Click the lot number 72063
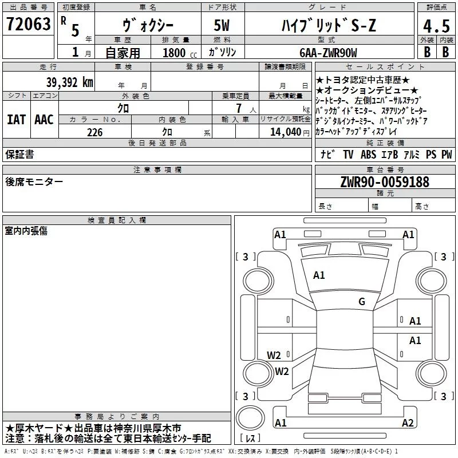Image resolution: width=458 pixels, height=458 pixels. pyautogui.click(x=28, y=24)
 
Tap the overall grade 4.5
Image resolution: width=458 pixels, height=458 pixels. pyautogui.click(x=436, y=26)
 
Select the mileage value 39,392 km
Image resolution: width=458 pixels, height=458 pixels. pyautogui.click(x=70, y=82)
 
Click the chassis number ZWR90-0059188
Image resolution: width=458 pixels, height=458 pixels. pyautogui.click(x=385, y=182)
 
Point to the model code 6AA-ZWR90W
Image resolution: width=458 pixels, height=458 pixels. pyautogui.click(x=328, y=53)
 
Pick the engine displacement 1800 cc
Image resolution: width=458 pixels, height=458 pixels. pyautogui.click(x=180, y=53)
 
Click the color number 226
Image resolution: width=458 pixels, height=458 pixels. pyautogui.click(x=95, y=132)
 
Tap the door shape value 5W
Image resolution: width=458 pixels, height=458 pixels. pyautogui.click(x=222, y=25)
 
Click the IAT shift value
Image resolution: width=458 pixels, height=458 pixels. pyautogui.click(x=16, y=120)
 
